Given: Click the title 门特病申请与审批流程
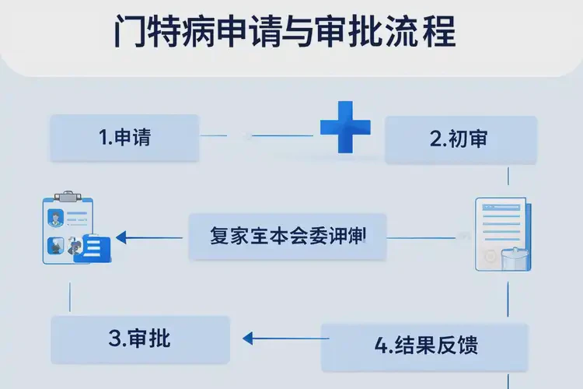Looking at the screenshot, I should click(x=284, y=32).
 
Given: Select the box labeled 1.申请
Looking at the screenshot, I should click(x=124, y=138).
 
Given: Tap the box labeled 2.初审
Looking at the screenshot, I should click(x=461, y=140).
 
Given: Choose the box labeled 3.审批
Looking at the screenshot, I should click(x=140, y=339).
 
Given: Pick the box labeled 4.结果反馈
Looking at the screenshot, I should click(x=425, y=345).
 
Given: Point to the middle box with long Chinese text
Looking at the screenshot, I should click(x=288, y=236).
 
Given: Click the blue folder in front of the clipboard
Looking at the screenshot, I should click(x=92, y=248).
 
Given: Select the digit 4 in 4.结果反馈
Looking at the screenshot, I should click(x=381, y=345).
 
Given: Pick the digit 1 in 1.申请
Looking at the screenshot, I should click(x=103, y=138).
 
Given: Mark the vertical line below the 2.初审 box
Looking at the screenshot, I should click(x=508, y=174).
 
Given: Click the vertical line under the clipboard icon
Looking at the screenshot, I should click(x=71, y=295).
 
